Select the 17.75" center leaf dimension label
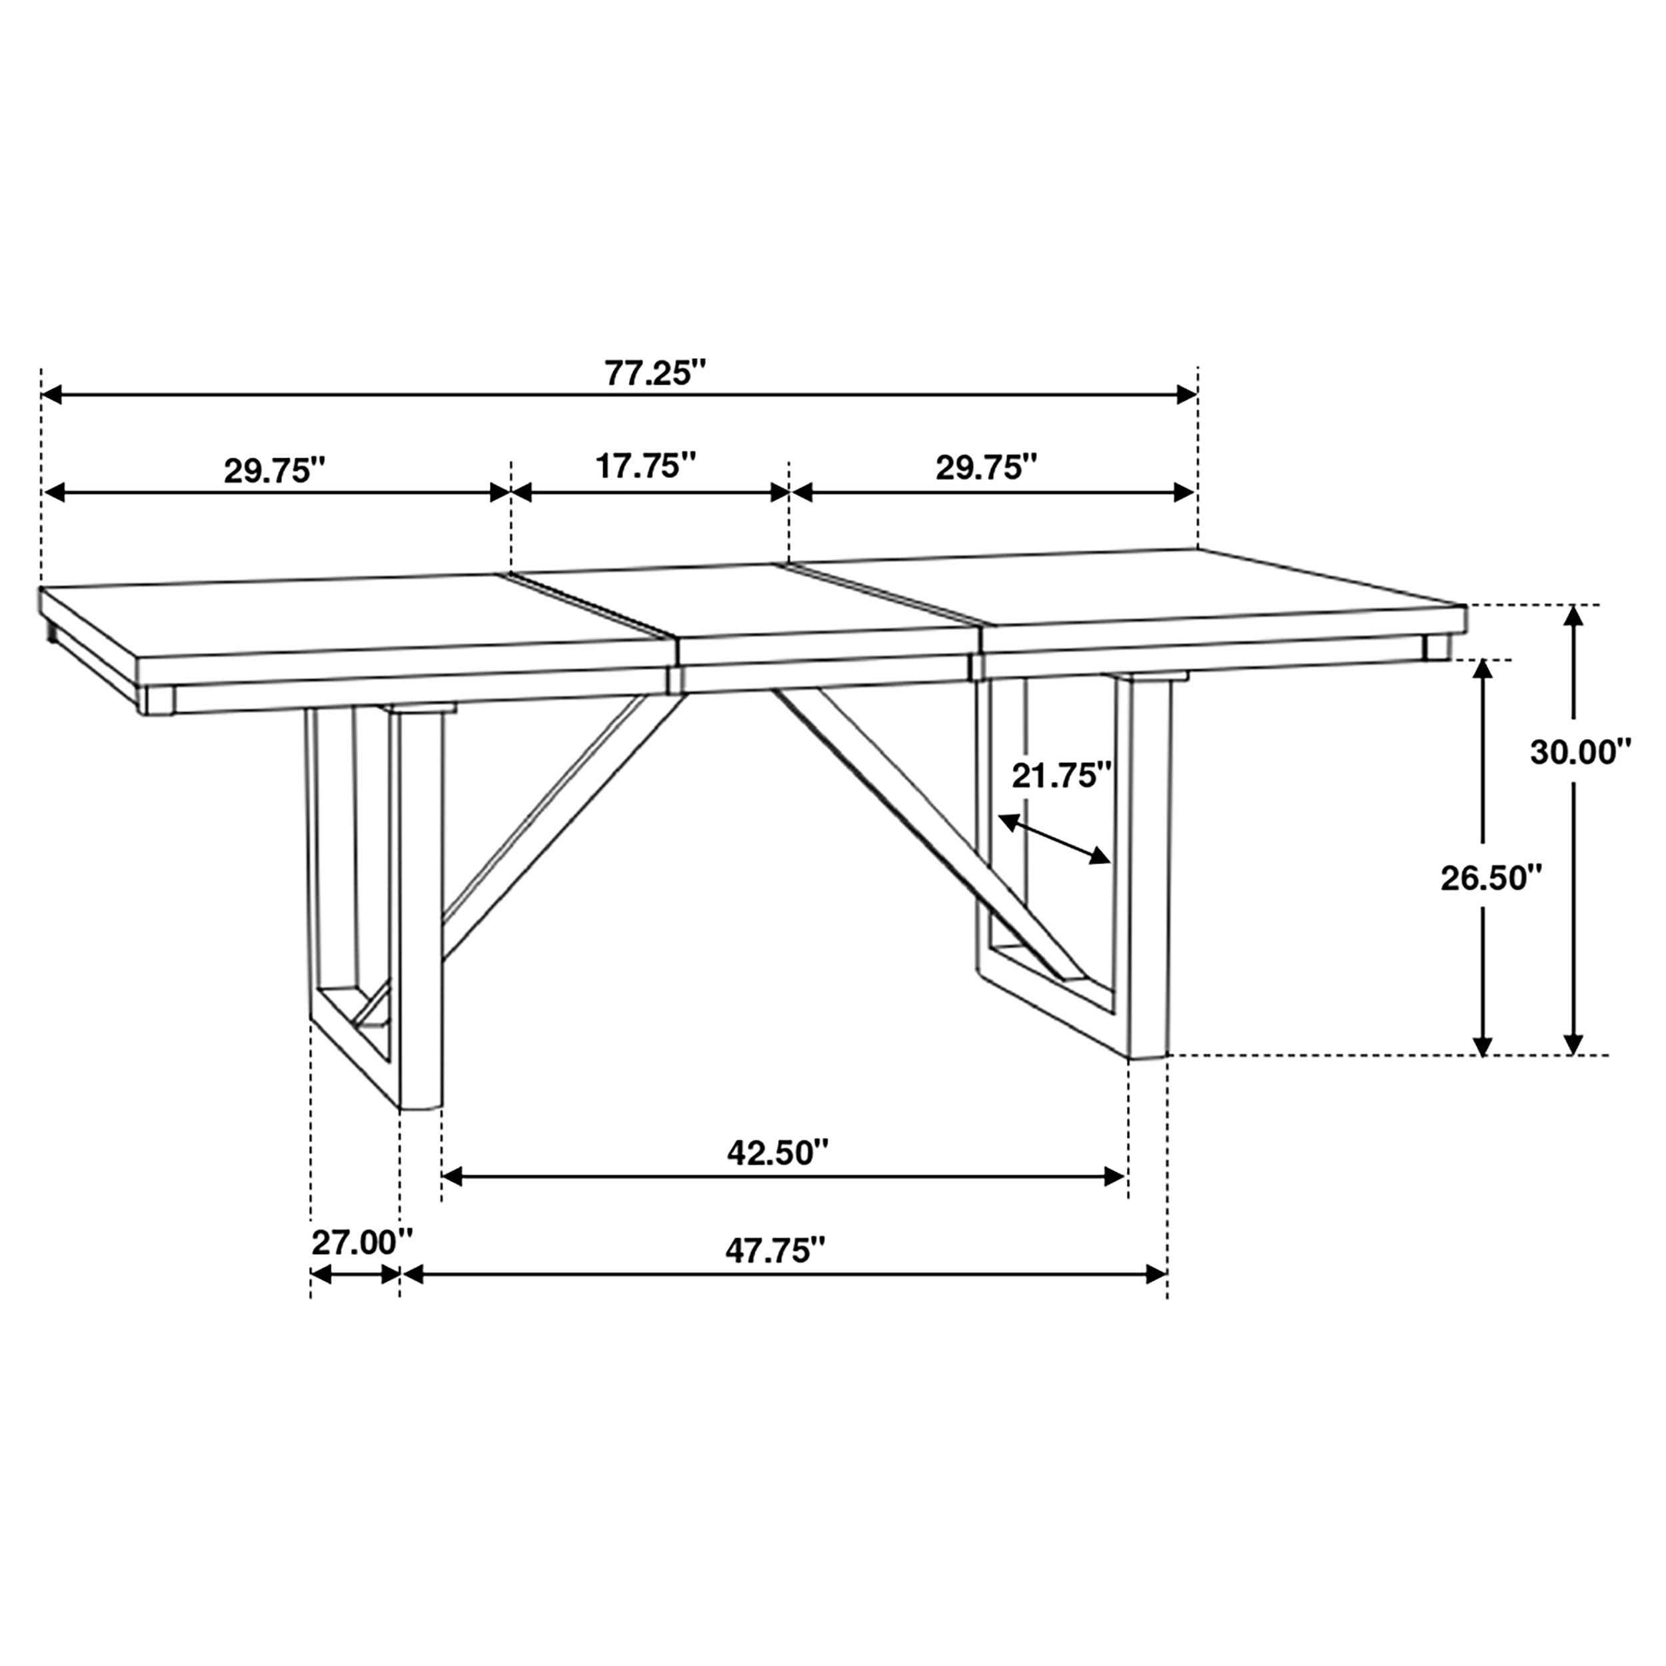tap(646, 466)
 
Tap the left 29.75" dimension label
tap(275, 471)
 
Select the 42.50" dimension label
tap(778, 1152)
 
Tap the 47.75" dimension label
tap(775, 1250)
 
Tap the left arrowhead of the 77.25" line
tap(52, 395)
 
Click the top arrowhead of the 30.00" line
tap(1574, 616)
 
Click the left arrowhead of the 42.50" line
tap(452, 1176)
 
